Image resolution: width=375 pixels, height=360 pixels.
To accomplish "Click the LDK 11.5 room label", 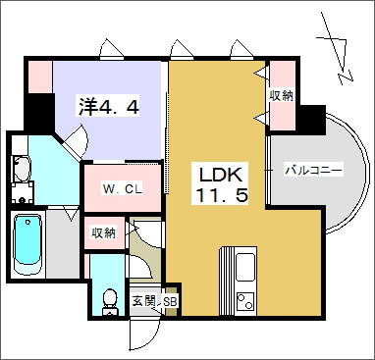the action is point(222,184).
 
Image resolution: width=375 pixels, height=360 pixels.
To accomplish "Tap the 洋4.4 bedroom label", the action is point(109,106).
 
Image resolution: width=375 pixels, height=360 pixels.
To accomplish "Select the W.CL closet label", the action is point(123,189).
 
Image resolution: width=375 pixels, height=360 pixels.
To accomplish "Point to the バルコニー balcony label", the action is point(313,171).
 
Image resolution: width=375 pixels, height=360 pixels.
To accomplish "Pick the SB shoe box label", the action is point(170,302).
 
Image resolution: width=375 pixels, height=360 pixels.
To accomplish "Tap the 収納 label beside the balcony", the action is point(281,96).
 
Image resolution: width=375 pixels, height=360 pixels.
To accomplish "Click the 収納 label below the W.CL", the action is point(103,233).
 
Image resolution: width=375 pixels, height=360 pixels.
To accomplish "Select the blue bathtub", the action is point(27,241).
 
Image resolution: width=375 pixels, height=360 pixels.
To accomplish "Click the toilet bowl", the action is point(110,301).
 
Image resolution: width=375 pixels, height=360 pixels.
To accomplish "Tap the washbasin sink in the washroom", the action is point(22,169).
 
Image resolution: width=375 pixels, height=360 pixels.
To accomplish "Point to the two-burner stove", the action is point(245,301).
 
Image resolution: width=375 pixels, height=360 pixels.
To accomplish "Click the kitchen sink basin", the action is point(245,267).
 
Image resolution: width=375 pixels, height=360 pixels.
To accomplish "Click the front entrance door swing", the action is point(144,334).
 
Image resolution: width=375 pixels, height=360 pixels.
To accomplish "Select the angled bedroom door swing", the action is point(76,141).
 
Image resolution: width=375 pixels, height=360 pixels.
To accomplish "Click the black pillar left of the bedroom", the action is point(39,112).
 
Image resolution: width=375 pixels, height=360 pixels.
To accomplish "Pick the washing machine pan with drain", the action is point(23,193).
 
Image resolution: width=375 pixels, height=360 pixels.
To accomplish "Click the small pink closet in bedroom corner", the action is point(40,77).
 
